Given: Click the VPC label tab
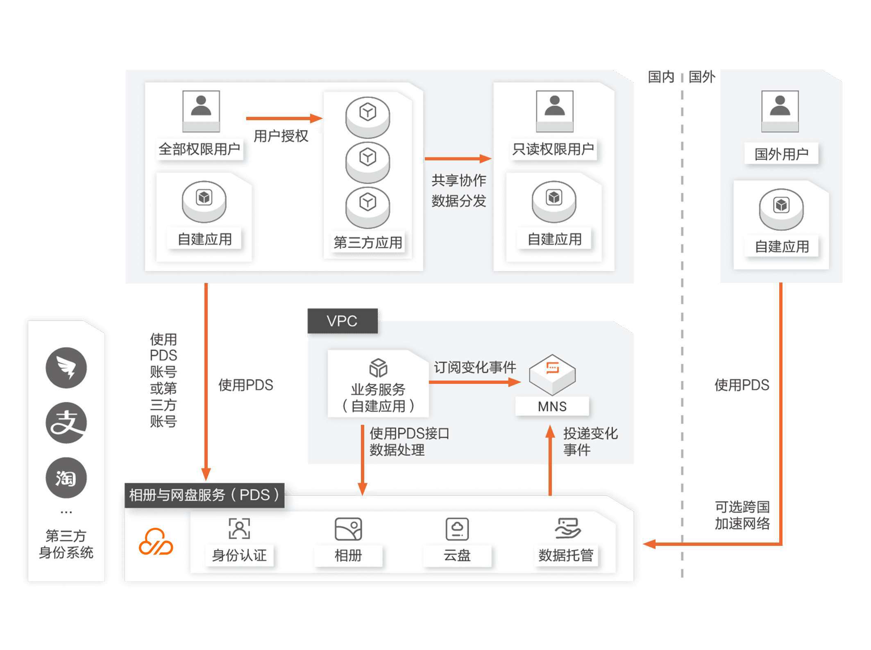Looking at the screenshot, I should click(x=342, y=321).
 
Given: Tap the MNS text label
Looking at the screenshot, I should click(x=552, y=406).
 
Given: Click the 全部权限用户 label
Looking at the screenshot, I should click(x=199, y=149).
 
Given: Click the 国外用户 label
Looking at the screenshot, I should click(x=781, y=154).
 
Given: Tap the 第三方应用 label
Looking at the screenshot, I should click(x=367, y=242).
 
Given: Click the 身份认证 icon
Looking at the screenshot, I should click(x=239, y=528).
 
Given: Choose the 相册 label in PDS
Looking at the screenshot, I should click(x=348, y=555).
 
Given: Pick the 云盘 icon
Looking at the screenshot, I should click(x=457, y=529).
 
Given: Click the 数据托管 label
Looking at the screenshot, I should click(x=566, y=555).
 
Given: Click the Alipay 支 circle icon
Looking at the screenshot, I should click(x=66, y=423).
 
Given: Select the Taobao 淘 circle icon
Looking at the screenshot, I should click(x=66, y=478).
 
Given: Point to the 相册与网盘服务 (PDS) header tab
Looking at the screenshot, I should click(x=204, y=495).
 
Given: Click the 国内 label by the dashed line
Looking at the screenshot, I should click(x=660, y=77).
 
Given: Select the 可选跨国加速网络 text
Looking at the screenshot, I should click(x=742, y=515).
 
